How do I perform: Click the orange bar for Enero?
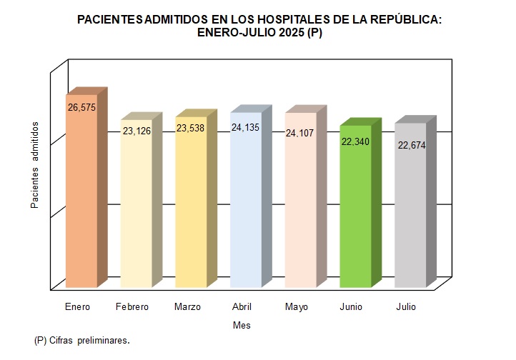pos(81,200)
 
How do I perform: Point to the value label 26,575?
pos(81,107)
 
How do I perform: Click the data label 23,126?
pos(137,131)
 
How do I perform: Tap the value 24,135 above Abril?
pos(246,129)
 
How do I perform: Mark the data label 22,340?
pos(355,142)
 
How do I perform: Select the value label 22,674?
pos(410,146)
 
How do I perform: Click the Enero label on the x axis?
pos(77,307)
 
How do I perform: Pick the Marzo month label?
pos(187,307)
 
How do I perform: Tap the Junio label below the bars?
pos(351,307)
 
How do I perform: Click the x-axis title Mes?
pos(242,325)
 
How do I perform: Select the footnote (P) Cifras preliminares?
pos(82,341)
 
